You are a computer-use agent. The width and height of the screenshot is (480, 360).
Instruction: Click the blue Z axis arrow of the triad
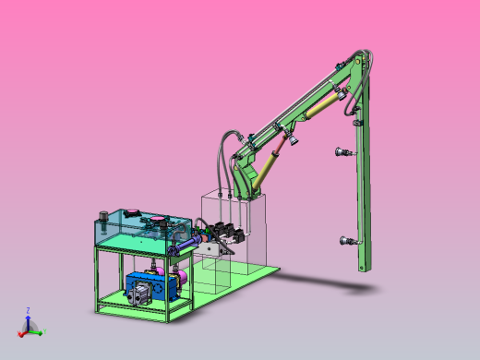(x=28, y=317)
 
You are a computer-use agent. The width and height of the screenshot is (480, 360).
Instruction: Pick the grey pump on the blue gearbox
(x=138, y=294)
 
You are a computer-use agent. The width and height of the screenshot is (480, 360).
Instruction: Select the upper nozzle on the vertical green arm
(x=342, y=152)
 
